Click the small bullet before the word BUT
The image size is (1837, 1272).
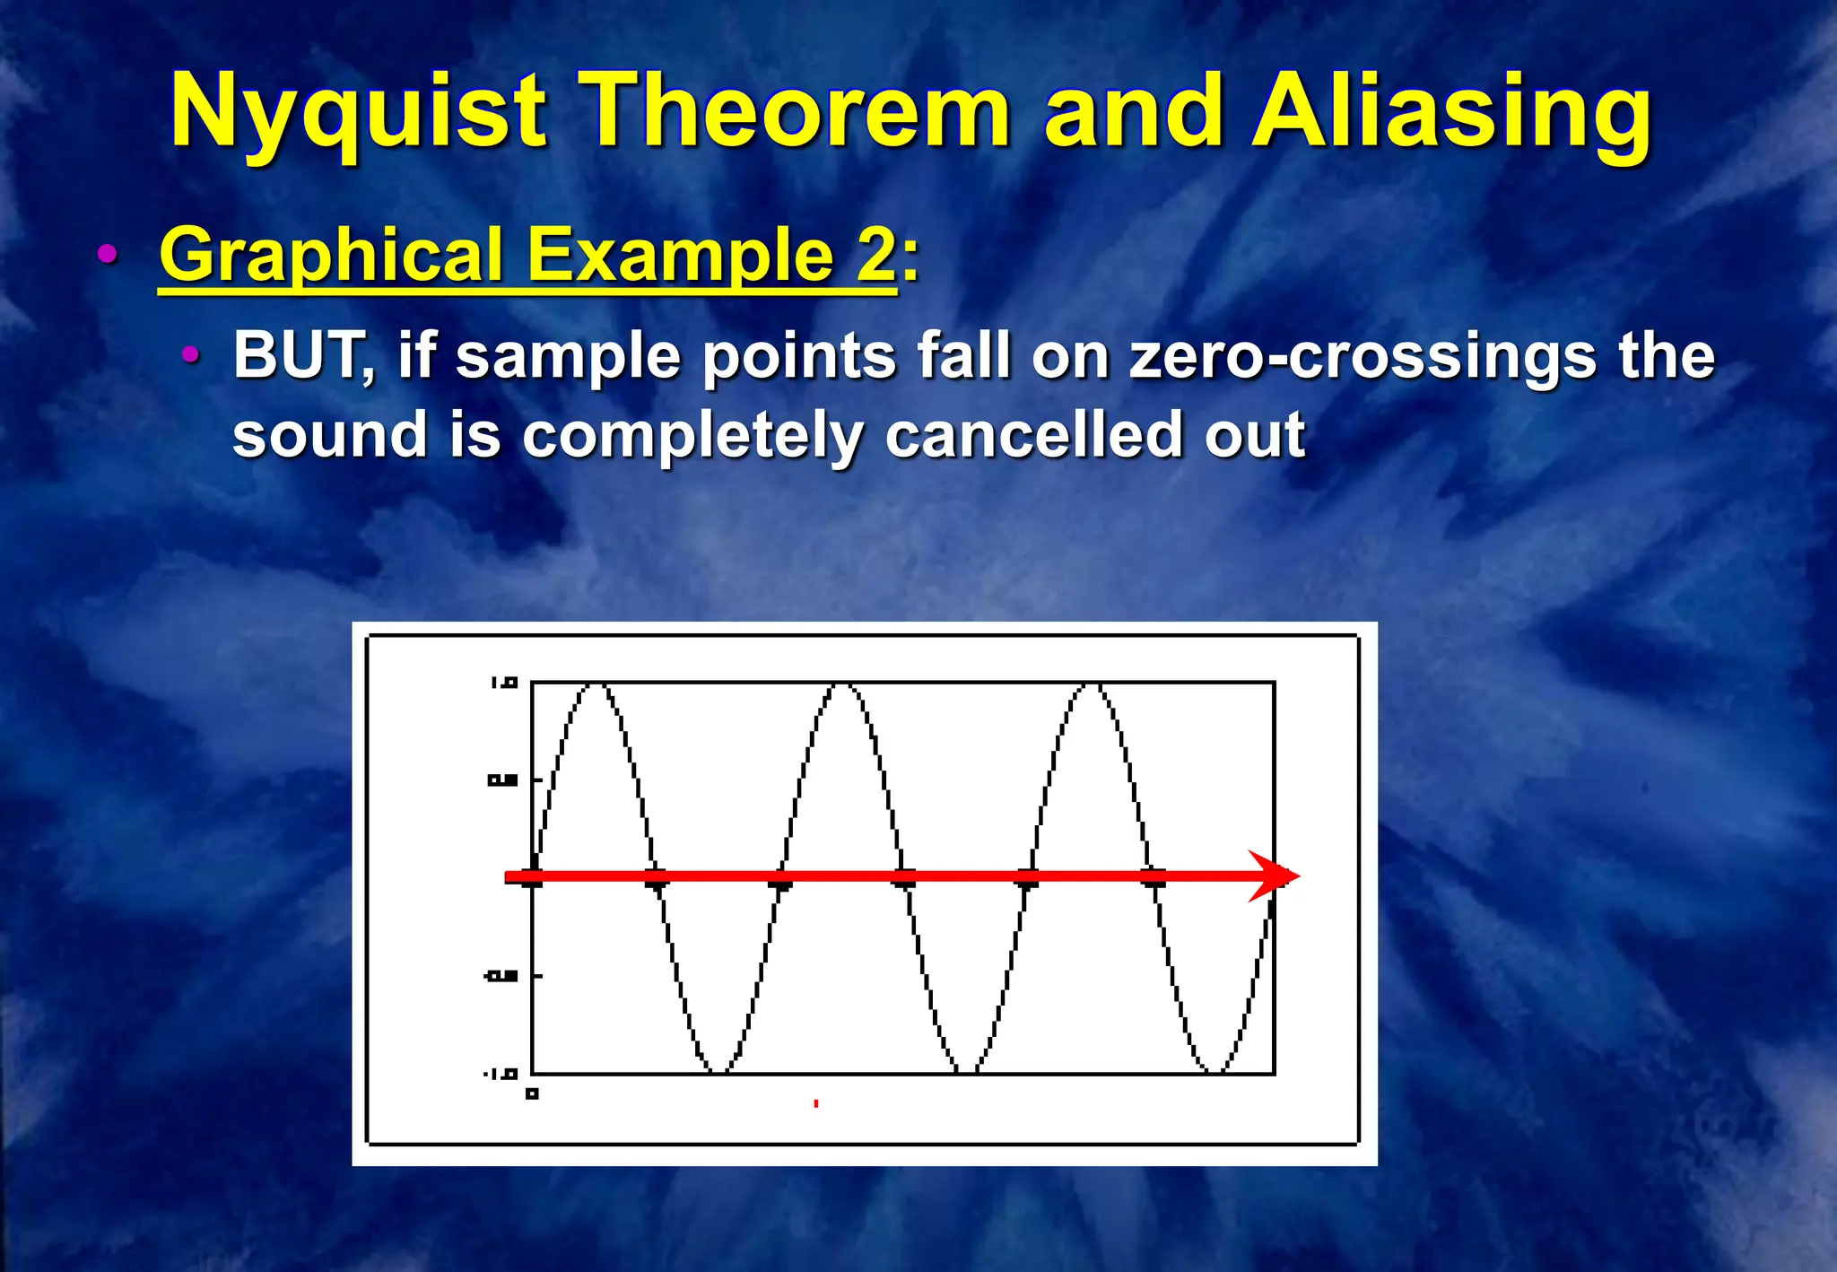[x=190, y=355]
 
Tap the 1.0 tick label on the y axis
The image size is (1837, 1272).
[x=504, y=684]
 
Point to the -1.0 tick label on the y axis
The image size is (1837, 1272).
[x=501, y=1074]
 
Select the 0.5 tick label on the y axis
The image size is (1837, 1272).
[x=502, y=780]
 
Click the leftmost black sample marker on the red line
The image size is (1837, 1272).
[x=533, y=878]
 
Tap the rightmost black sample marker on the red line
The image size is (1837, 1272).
[x=1154, y=878]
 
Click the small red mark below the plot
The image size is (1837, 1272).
[x=815, y=1103]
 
